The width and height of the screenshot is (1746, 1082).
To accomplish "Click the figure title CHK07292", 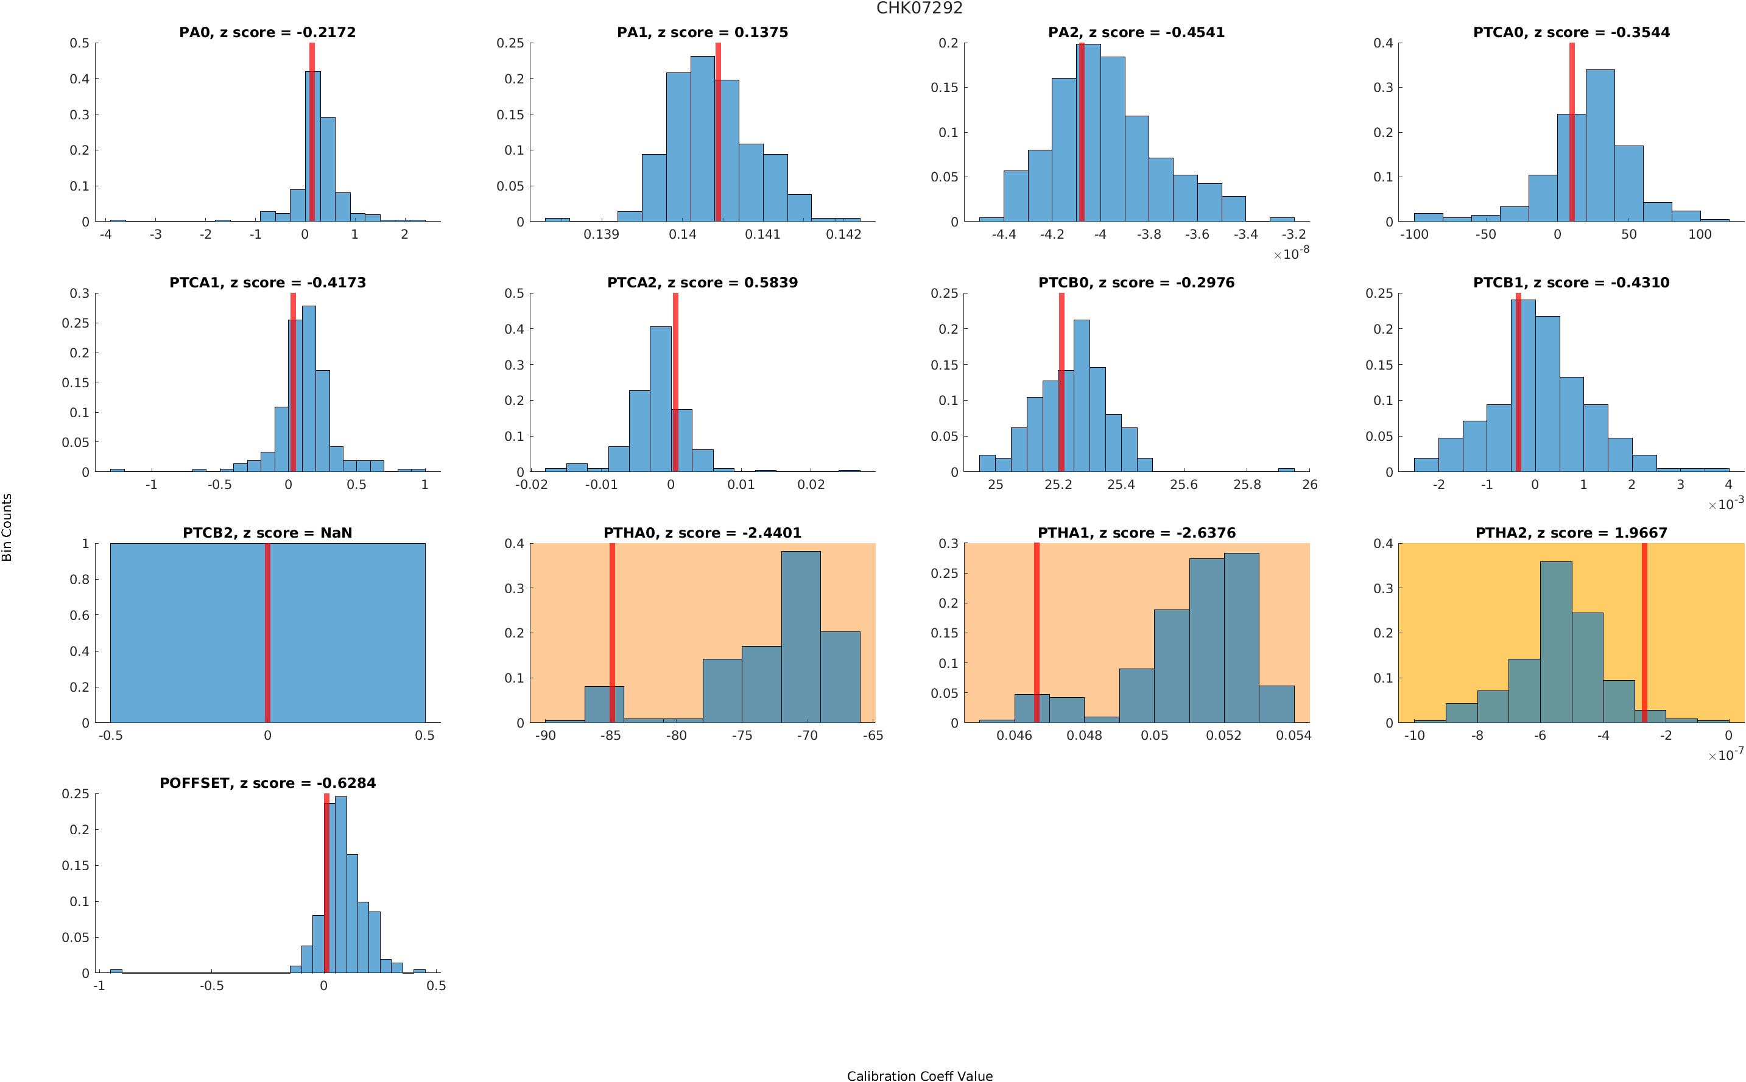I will click(919, 9).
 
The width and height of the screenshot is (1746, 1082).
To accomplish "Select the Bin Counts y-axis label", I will click(7, 527).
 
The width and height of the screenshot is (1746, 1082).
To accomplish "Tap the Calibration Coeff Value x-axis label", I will click(919, 1075).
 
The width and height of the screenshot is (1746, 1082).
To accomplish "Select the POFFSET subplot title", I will click(267, 783).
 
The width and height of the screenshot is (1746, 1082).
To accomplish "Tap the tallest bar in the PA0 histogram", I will click(312, 147).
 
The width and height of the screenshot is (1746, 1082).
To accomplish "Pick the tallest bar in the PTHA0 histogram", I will click(801, 637).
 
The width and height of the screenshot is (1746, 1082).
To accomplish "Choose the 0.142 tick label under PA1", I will click(843, 234).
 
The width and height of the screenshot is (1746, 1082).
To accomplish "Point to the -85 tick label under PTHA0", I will click(610, 736).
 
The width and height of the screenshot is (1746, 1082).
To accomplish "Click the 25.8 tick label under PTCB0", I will click(1247, 485).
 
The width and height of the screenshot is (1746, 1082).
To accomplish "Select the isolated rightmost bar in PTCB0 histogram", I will click(1286, 469).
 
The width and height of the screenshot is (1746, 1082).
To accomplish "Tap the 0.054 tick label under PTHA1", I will click(1293, 736).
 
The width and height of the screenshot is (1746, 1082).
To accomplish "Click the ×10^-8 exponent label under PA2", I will click(1291, 253).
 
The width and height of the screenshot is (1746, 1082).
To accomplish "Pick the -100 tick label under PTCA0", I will click(1413, 234).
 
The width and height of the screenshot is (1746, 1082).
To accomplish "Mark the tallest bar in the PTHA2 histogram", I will click(1555, 642).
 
